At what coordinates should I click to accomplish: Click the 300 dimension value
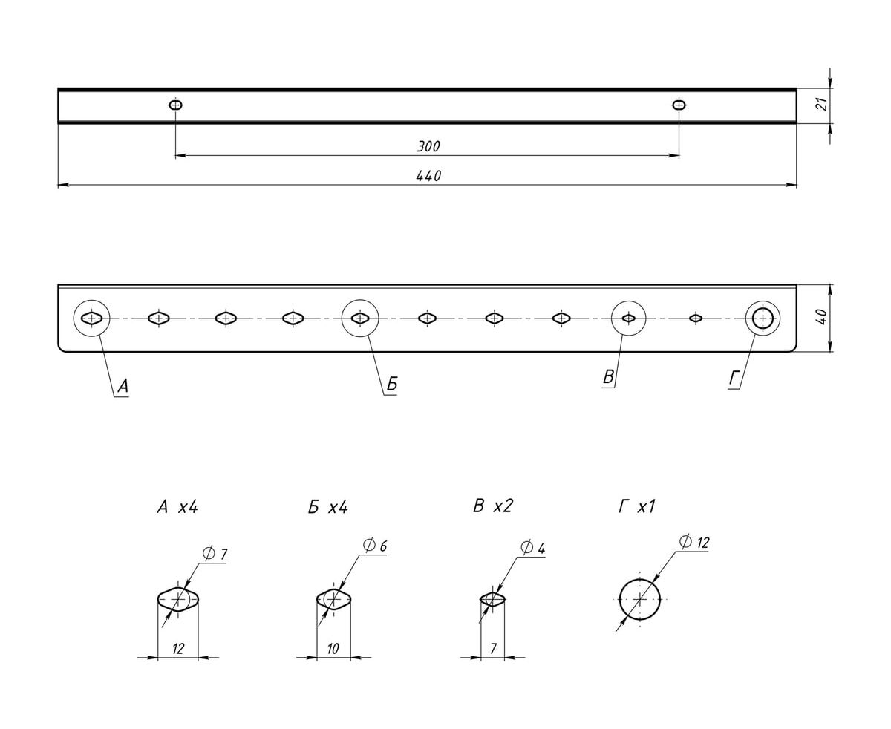pyautogui.click(x=428, y=146)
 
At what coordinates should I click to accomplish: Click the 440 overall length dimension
pyautogui.click(x=428, y=176)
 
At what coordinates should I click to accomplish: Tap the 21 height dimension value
pyautogui.click(x=821, y=105)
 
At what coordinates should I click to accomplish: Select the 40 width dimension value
pyautogui.click(x=821, y=318)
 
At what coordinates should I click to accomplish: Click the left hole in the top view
pyautogui.click(x=175, y=105)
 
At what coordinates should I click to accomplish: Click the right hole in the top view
pyautogui.click(x=679, y=105)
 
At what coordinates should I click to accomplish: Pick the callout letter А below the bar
pyautogui.click(x=123, y=386)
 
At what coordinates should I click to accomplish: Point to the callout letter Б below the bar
pyautogui.click(x=392, y=385)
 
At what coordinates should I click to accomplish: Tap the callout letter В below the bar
pyautogui.click(x=608, y=377)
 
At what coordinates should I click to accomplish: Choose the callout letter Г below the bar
pyautogui.click(x=734, y=379)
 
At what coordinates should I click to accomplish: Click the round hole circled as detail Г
pyautogui.click(x=763, y=318)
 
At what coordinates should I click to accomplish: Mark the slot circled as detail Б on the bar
pyautogui.click(x=360, y=318)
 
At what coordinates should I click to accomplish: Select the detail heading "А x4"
pyautogui.click(x=177, y=507)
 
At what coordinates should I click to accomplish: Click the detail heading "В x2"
pyautogui.click(x=492, y=506)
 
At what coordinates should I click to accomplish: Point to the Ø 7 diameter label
pyautogui.click(x=215, y=554)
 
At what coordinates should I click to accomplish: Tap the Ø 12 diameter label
pyautogui.click(x=693, y=543)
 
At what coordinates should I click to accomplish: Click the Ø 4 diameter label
pyautogui.click(x=533, y=549)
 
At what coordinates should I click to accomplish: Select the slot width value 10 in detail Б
pyautogui.click(x=333, y=649)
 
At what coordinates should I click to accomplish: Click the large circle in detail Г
pyautogui.click(x=639, y=598)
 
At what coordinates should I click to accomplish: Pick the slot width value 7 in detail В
pyautogui.click(x=492, y=649)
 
